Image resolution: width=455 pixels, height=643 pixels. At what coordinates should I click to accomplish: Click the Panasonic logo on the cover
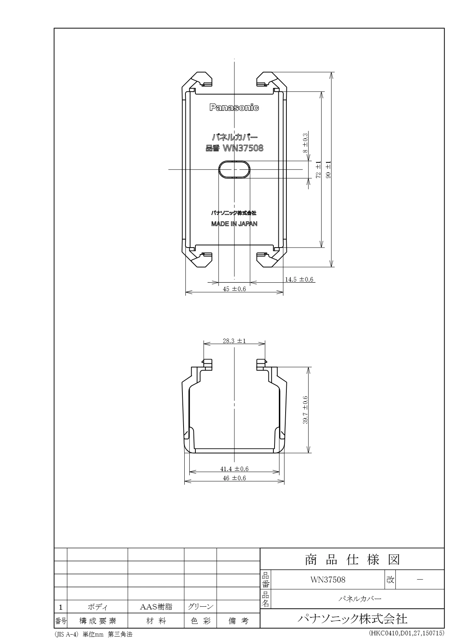tap(234, 108)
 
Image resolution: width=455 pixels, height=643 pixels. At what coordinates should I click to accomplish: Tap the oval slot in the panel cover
tap(234, 169)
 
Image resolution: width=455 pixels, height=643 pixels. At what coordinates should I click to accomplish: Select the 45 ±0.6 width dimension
tap(234, 289)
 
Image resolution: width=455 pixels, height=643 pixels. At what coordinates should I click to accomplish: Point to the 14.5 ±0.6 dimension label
tap(299, 280)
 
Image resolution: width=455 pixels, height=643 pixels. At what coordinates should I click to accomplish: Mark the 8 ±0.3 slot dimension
tap(305, 143)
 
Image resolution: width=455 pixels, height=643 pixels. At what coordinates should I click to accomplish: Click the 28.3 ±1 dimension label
tap(234, 341)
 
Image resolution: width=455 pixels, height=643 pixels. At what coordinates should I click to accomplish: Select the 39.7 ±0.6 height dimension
tap(305, 410)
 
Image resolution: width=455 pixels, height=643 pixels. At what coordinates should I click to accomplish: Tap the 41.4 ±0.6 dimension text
tap(234, 469)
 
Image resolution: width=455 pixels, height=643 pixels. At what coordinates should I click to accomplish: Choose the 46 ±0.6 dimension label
tap(234, 478)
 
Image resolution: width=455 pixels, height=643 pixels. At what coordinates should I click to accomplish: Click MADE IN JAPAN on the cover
tap(234, 224)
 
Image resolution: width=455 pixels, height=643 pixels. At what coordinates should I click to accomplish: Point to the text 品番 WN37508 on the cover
tap(234, 148)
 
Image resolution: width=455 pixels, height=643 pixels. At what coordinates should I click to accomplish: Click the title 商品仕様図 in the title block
tap(352, 560)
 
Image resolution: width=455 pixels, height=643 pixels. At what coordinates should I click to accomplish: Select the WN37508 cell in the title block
tap(328, 580)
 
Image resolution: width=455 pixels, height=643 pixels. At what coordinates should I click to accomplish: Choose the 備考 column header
tap(238, 621)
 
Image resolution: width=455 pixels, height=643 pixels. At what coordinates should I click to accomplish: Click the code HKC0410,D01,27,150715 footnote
tap(406, 633)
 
